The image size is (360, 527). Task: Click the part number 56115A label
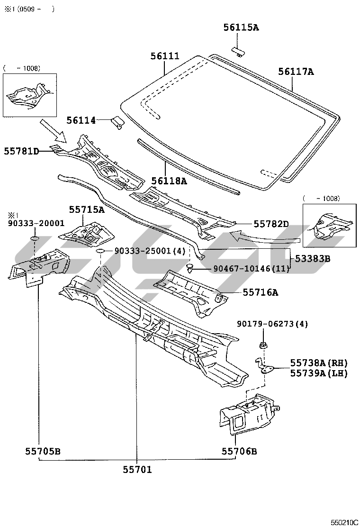[241, 27]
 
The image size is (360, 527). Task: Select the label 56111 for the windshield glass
[165, 56]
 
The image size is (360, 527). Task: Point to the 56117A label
[296, 72]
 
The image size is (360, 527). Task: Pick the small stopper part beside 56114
[117, 122]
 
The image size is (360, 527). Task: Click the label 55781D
[21, 151]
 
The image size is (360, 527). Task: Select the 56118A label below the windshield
[169, 181]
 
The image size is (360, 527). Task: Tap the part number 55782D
[271, 223]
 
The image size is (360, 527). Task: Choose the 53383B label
[313, 259]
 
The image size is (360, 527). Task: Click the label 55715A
[87, 209]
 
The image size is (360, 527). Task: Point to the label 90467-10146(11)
[251, 269]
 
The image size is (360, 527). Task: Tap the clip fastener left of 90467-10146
[190, 269]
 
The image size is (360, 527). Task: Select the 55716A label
[261, 292]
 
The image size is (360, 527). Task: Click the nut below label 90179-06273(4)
[263, 344]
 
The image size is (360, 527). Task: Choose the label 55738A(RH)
[319, 363]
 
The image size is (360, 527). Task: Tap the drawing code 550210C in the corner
[344, 522]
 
